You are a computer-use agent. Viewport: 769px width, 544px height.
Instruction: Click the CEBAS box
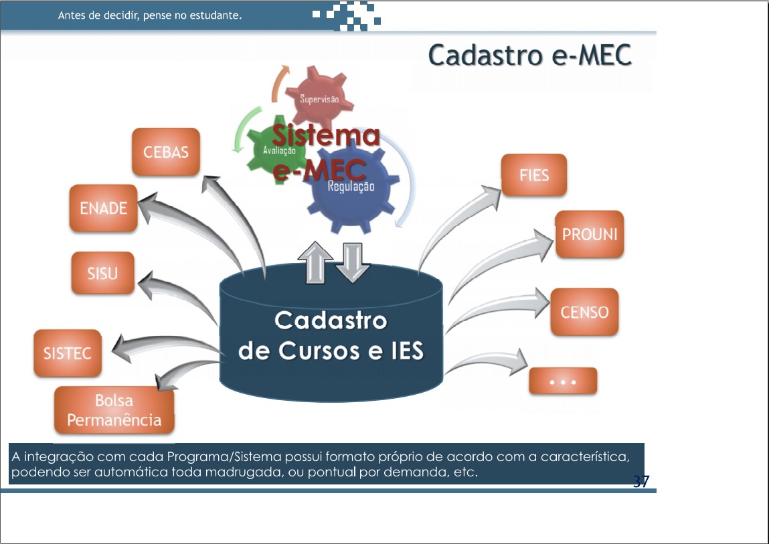pos(166,152)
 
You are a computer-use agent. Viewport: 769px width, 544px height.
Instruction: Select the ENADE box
pos(103,208)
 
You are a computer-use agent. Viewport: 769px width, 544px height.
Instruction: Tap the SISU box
pos(102,273)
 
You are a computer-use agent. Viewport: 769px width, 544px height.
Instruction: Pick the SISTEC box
pos(67,353)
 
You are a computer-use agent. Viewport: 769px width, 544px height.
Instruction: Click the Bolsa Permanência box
pos(114,410)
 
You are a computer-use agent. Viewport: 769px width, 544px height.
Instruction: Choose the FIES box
pos(534,175)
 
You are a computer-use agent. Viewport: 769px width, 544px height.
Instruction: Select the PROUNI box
pos(590,235)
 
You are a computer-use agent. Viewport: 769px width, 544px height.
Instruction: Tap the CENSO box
pos(584,312)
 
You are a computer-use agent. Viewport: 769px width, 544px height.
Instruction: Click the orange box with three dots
pos(563,381)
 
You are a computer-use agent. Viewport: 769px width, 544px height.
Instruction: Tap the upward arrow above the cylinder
pos(315,262)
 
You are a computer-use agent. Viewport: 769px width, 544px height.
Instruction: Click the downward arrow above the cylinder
pos(353,262)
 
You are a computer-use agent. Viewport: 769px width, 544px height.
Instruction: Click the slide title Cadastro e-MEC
pos(530,56)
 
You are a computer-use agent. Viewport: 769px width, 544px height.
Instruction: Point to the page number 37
pos(641,481)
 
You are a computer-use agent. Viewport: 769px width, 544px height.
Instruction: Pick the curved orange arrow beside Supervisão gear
pos(280,82)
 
